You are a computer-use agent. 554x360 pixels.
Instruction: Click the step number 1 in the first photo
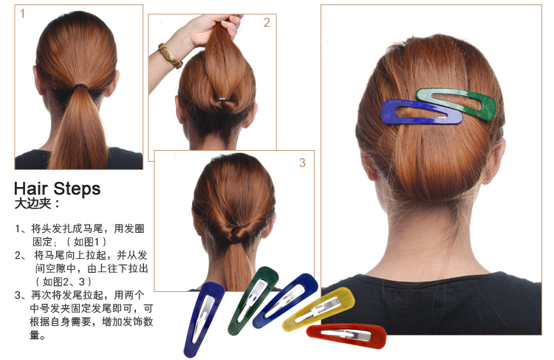22,14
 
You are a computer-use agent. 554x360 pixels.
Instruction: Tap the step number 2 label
267,23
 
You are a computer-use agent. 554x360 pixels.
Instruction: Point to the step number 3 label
302,163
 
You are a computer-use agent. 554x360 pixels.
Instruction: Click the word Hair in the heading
31,189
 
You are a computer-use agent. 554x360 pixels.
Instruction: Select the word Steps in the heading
77,189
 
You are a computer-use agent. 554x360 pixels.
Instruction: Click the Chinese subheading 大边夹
33,204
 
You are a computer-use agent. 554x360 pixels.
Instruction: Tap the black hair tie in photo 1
81,86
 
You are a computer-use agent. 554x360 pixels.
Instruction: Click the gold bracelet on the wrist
170,56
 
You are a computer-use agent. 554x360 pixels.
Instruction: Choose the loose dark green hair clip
253,300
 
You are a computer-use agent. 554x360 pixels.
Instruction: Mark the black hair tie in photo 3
236,243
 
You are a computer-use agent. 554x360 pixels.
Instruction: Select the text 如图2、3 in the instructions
64,282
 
